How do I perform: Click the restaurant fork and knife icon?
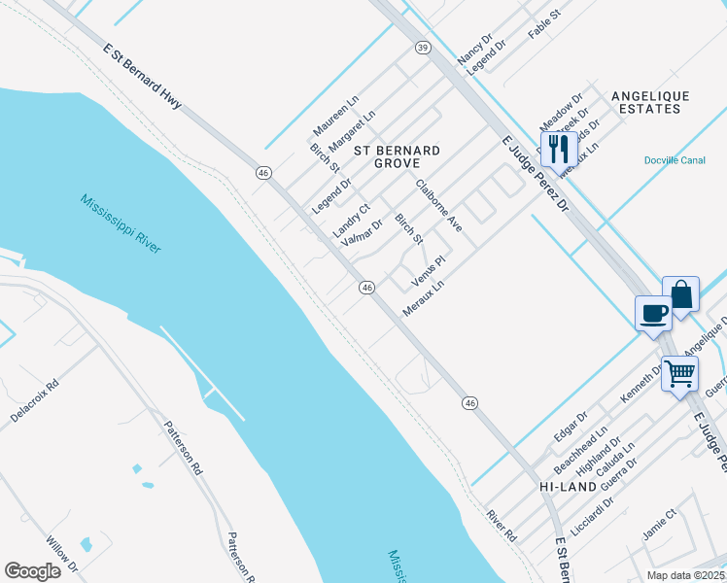coord(558,148)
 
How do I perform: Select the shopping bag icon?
coord(681,293)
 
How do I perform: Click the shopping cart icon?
coord(680,371)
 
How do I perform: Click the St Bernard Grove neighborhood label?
coord(397,157)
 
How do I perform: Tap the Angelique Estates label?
coord(650,102)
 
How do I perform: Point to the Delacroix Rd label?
coord(35,399)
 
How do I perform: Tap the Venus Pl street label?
coord(428,271)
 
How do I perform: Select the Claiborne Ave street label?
coord(439,205)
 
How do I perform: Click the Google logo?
coord(32,570)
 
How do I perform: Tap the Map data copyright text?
coord(685,574)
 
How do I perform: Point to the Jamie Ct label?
coord(658,527)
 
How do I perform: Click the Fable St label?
coord(544,25)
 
